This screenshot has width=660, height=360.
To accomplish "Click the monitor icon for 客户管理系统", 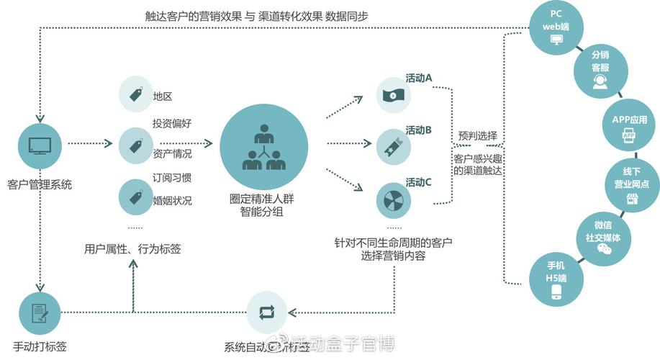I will click(x=40, y=145).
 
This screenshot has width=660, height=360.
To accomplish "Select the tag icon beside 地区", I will click(x=135, y=95).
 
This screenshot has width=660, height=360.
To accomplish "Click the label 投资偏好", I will click(x=171, y=124).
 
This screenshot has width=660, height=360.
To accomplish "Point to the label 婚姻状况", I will click(x=172, y=200).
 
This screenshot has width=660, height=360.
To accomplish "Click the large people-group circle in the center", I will click(x=264, y=144).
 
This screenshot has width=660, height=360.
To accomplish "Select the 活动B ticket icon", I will click(x=393, y=146).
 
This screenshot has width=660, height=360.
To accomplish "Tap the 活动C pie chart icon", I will click(x=393, y=199).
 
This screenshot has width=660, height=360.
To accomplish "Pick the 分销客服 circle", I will click(x=600, y=72).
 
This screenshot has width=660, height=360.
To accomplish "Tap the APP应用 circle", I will click(x=628, y=125).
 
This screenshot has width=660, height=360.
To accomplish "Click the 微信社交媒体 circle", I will click(x=602, y=235).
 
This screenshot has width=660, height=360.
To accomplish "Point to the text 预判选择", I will click(x=477, y=136).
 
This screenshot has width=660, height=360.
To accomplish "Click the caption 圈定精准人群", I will click(x=263, y=199).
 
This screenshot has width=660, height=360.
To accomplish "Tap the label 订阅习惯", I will click(x=171, y=177).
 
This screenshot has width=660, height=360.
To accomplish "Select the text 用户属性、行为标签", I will click(x=132, y=249).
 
